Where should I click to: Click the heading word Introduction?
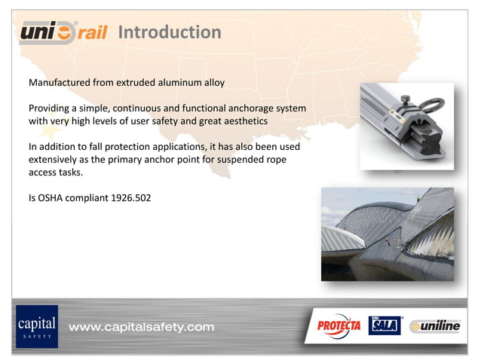pyautogui.click(x=170, y=32)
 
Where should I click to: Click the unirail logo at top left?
pyautogui.click(x=63, y=32)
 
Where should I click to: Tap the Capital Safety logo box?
pyautogui.click(x=36, y=326)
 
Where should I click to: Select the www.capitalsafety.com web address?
pyautogui.click(x=142, y=327)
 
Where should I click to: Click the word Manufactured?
pyautogui.click(x=60, y=81)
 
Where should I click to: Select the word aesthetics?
pyautogui.click(x=243, y=121)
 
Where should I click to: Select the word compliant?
pyautogui.click(x=93, y=200)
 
